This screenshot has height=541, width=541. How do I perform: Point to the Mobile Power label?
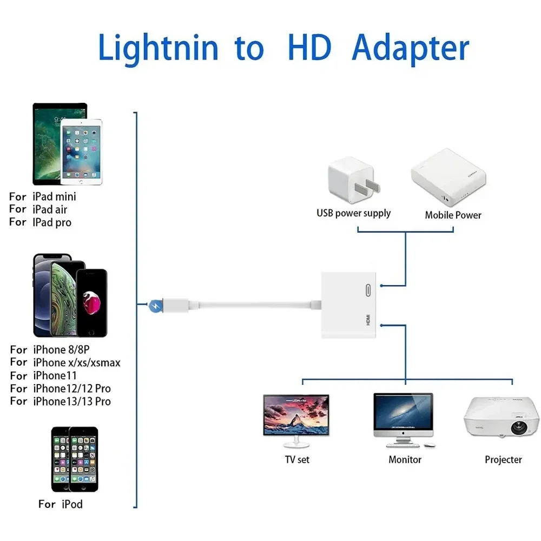(453, 215)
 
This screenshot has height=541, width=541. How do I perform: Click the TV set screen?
(296, 414)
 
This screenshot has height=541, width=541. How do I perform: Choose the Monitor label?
(405, 459)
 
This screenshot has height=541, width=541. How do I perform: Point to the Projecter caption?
(503, 459)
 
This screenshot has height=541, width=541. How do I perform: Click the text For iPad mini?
(43, 196)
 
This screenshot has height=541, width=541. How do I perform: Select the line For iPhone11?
(43, 375)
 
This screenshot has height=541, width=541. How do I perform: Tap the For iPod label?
(61, 504)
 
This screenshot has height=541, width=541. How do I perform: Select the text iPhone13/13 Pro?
(71, 401)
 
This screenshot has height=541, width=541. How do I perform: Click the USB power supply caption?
(353, 213)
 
